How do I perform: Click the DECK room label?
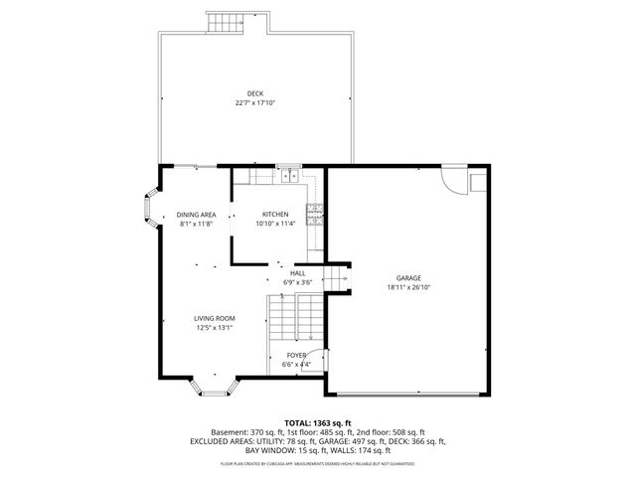tap(255, 93)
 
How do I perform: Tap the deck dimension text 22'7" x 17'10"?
tap(255, 102)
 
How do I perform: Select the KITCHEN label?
tap(275, 215)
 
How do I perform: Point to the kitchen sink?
tap(288, 175)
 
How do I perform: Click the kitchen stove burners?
tap(315, 211)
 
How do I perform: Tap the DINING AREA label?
tap(197, 215)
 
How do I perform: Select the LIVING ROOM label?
tap(214, 319)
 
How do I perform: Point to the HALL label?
tap(298, 272)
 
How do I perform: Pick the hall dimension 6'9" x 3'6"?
tap(298, 282)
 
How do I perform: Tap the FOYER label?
tap(297, 355)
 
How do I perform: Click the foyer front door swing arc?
tap(316, 363)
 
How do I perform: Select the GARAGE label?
tap(408, 277)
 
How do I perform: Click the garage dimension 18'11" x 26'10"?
tap(408, 287)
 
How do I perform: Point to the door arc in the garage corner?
tap(455, 180)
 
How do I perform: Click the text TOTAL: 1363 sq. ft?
tap(318, 422)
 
